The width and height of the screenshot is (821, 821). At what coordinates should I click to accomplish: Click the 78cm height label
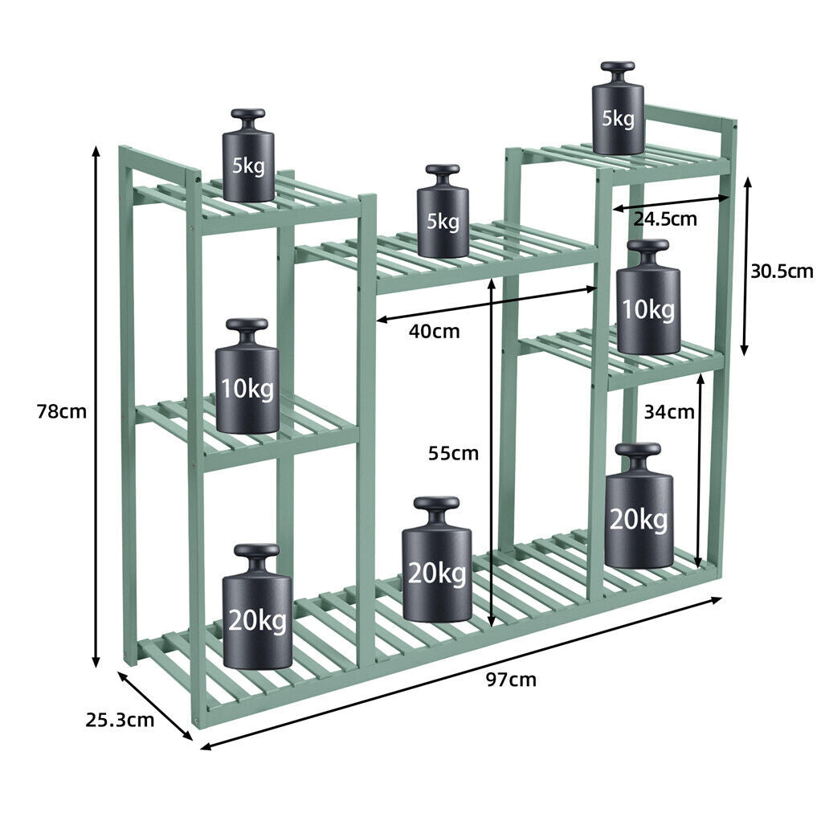point(61,411)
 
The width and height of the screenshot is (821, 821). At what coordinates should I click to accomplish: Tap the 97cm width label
point(511,680)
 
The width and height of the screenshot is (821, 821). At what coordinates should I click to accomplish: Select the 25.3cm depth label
point(120,720)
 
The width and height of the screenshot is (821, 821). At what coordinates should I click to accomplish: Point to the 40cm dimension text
point(434,331)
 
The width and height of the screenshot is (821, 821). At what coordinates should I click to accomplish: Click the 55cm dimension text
point(453,453)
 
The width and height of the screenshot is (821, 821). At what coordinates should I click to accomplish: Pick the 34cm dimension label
point(669,412)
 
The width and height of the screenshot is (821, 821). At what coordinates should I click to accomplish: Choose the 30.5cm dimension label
point(782,272)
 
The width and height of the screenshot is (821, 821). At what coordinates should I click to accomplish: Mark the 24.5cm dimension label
point(665,219)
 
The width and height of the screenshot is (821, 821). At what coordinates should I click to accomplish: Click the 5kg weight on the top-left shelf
point(248,155)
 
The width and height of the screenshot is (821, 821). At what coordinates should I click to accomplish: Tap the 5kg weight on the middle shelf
point(443,210)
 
